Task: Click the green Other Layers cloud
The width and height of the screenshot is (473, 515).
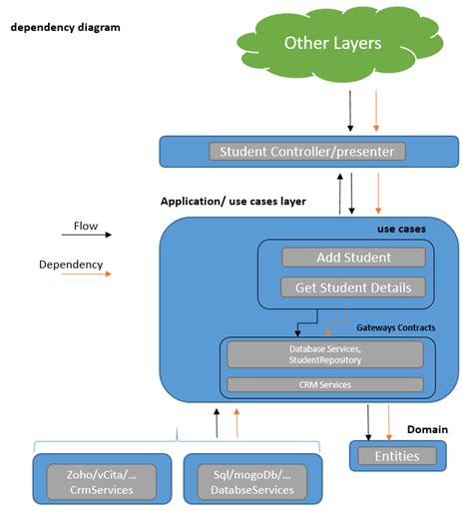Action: pyautogui.click(x=332, y=44)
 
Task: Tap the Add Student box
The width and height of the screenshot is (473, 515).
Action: pyautogui.click(x=353, y=257)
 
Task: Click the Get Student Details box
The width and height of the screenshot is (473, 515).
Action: pyautogui.click(x=353, y=287)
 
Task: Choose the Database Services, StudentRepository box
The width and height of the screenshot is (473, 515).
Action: pyautogui.click(x=325, y=354)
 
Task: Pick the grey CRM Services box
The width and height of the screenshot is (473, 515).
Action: pyautogui.click(x=325, y=384)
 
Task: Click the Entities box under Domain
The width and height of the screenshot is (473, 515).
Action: pyautogui.click(x=396, y=456)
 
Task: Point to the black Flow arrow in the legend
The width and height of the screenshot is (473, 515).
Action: pyautogui.click(x=87, y=236)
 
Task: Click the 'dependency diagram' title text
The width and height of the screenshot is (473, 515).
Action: pyautogui.click(x=65, y=27)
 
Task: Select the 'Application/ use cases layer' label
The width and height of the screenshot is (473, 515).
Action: pyautogui.click(x=233, y=201)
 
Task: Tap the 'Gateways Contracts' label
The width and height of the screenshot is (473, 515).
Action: pyautogui.click(x=395, y=326)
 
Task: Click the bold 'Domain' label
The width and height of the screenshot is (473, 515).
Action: pyautogui.click(x=427, y=429)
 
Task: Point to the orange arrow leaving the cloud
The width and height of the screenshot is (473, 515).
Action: pyautogui.click(x=375, y=111)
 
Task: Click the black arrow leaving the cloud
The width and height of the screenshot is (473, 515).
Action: pyautogui.click(x=349, y=111)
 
